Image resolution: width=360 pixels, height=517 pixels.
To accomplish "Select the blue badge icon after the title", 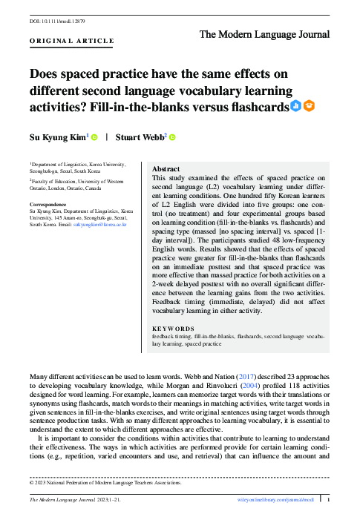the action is pyautogui.click(x=295, y=106).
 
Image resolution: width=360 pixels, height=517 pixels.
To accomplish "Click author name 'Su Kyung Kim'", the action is pyautogui.click(x=59, y=137).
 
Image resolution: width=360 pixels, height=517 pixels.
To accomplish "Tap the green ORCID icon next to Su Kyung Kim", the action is pyautogui.click(x=94, y=137).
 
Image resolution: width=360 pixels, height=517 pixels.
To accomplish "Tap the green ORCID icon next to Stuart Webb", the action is pyautogui.click(x=173, y=137).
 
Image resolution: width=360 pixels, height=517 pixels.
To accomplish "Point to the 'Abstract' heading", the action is pyautogui.click(x=165, y=170).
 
